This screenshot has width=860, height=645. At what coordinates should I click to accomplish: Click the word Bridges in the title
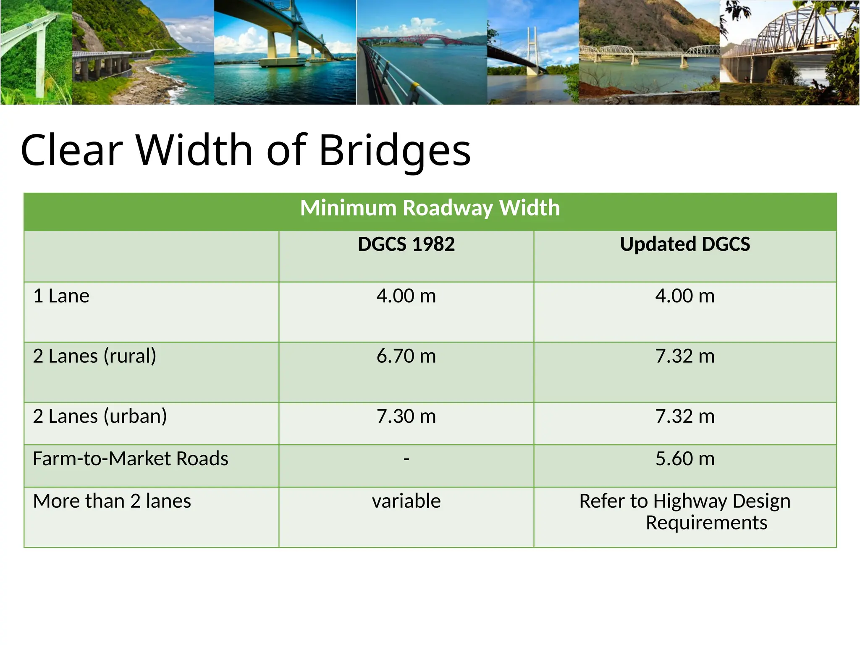(x=395, y=150)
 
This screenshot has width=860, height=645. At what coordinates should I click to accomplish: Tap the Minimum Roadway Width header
(x=430, y=208)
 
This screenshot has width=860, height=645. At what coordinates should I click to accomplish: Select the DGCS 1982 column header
(x=406, y=244)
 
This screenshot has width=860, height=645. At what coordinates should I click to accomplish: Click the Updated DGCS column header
(x=685, y=244)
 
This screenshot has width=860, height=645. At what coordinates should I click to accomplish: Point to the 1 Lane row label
(x=61, y=296)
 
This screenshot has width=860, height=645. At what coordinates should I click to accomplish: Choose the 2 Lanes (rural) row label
(x=94, y=357)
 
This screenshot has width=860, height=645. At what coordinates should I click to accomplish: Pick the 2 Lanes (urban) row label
(x=100, y=417)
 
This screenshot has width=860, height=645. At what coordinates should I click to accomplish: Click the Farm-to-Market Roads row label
(x=131, y=459)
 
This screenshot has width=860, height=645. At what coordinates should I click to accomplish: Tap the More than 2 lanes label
(x=112, y=501)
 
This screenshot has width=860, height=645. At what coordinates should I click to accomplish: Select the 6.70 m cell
(x=406, y=357)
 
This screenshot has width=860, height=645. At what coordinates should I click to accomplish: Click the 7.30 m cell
(x=406, y=417)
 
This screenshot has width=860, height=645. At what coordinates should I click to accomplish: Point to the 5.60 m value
(x=685, y=459)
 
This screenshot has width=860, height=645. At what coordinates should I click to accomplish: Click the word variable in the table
(x=406, y=501)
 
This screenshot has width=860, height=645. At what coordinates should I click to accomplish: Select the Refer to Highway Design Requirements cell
(x=685, y=512)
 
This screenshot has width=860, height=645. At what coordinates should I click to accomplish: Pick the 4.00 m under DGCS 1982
(x=406, y=296)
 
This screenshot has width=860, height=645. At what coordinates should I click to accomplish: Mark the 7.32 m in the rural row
(x=685, y=357)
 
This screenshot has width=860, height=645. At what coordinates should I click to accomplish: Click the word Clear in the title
(x=71, y=150)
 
